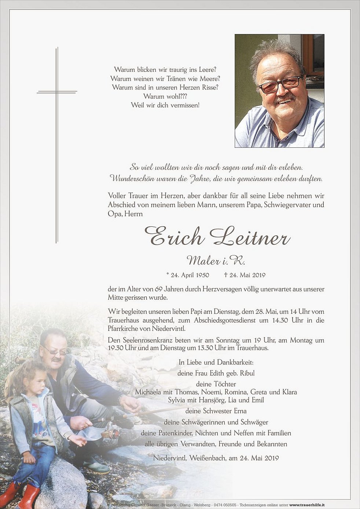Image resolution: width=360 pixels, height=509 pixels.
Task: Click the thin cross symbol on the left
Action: [x=57, y=92]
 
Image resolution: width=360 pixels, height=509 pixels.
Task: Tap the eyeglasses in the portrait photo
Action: [x=280, y=85]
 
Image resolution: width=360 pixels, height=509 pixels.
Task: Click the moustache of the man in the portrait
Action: [x=284, y=99]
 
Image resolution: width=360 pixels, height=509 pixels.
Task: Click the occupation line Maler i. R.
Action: [x=216, y=261]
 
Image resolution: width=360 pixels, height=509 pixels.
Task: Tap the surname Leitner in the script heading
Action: [x=250, y=237]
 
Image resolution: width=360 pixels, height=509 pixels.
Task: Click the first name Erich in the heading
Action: [x=175, y=237]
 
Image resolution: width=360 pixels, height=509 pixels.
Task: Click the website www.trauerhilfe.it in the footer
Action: [x=307, y=505]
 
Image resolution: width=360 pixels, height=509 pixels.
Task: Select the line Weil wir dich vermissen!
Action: [x=165, y=105]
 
